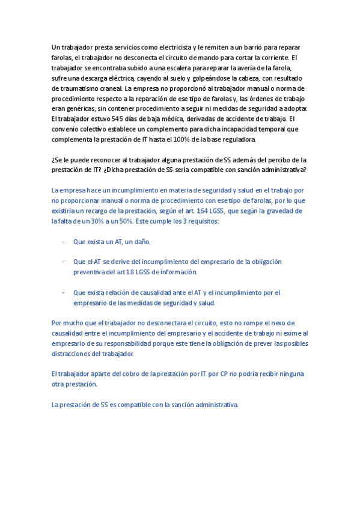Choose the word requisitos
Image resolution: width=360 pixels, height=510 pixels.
tap(202, 221)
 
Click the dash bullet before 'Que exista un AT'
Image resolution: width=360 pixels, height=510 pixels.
tap(64, 242)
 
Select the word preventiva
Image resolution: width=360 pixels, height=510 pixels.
tap(90, 272)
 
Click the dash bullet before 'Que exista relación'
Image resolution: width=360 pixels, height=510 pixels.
tap(64, 293)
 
